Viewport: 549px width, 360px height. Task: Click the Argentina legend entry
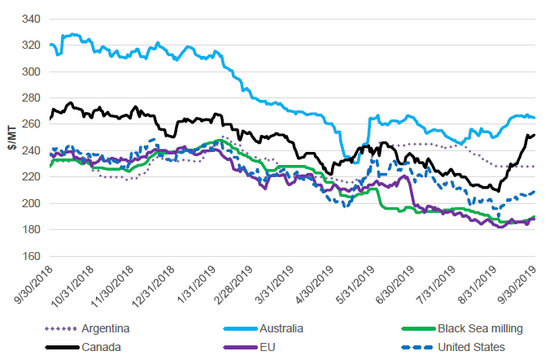click(105, 328)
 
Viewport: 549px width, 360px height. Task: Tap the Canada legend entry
click(100, 347)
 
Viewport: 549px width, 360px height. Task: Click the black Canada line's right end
click(534, 135)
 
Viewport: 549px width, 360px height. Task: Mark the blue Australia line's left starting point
click(50, 45)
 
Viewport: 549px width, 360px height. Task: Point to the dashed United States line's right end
click(534, 192)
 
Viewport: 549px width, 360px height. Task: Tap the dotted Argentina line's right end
click(534, 167)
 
